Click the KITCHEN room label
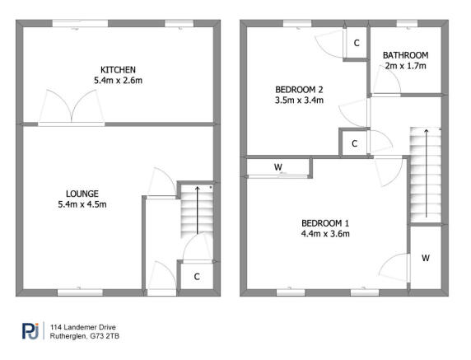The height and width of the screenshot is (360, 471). (x=118, y=69)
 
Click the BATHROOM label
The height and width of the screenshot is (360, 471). (x=404, y=55)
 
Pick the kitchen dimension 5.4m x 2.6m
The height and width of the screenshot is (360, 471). (x=118, y=81)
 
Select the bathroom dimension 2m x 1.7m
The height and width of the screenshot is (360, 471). (x=404, y=66)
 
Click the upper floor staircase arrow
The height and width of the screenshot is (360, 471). (x=426, y=173)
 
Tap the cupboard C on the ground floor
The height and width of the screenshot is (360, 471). (x=197, y=276)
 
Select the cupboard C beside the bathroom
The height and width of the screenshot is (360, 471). (x=356, y=43)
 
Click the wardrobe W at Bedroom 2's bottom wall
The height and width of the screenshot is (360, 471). (x=278, y=168)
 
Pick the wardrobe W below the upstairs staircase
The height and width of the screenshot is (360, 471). (x=426, y=258)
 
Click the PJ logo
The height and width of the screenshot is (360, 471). (x=30, y=330)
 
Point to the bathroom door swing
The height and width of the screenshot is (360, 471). (x=386, y=82)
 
